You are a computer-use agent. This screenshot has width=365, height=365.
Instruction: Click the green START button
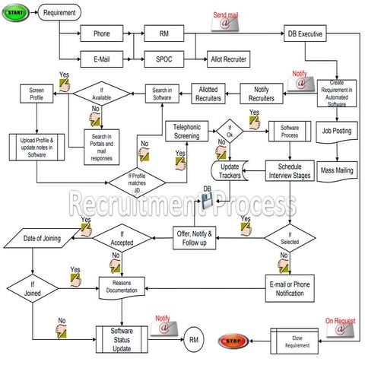click(x=17, y=13)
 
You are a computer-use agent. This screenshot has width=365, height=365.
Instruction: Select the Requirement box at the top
click(x=59, y=13)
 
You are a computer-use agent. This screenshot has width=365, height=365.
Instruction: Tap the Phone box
click(x=101, y=34)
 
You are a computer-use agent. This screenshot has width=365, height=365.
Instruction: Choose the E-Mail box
click(x=101, y=58)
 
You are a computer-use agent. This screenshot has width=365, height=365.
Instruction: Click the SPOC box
click(x=163, y=58)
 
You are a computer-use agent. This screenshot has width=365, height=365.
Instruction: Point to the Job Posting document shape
click(x=336, y=132)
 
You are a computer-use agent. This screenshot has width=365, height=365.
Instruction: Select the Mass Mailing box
click(x=336, y=170)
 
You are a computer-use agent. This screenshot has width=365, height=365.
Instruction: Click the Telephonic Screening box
click(x=186, y=130)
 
